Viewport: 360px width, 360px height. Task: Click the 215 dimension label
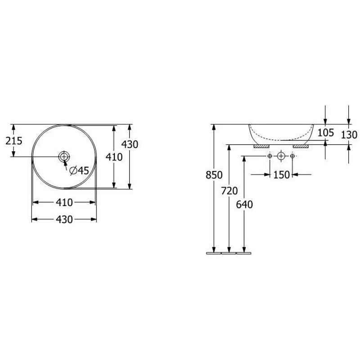tap(14, 141)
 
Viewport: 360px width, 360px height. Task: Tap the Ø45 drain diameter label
tap(79, 171)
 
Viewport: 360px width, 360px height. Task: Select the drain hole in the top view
tap(64, 157)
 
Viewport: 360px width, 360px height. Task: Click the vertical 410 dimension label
tap(114, 157)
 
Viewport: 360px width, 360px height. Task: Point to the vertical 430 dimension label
tap(130, 144)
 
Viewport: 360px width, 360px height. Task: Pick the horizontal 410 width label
tap(64, 202)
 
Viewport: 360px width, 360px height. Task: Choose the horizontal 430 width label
tap(64, 220)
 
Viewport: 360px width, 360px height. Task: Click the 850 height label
tap(214, 175)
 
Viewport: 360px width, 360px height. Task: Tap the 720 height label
tap(229, 191)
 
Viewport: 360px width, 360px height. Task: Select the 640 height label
tap(244, 205)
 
